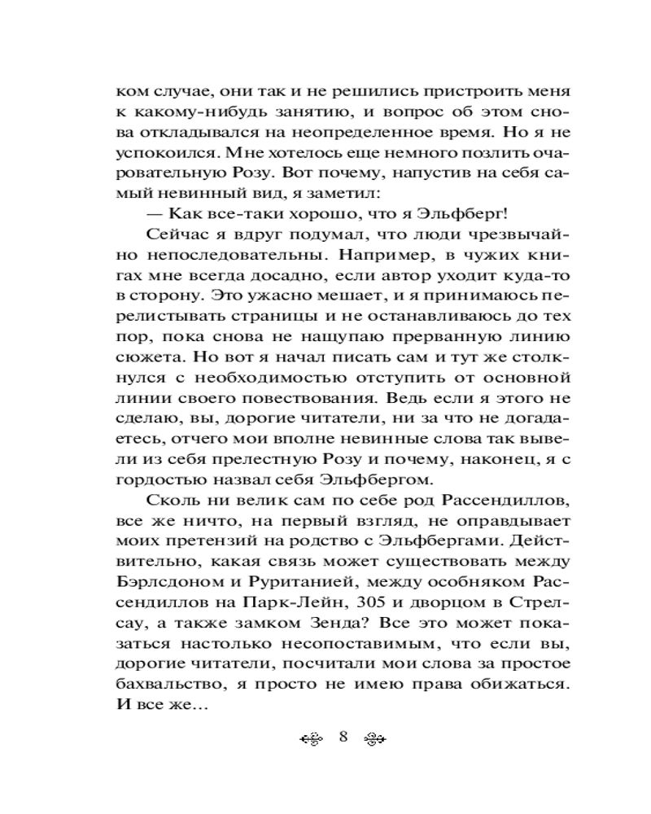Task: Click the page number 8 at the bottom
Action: pos(343,737)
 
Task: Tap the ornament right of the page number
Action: pos(374,738)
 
